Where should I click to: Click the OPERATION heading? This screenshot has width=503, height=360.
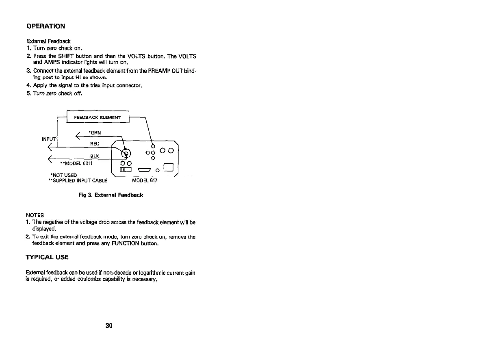coord(46,26)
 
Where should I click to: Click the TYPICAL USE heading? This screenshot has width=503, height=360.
coord(47,257)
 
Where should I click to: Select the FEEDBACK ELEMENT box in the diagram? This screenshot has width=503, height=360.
coord(97,117)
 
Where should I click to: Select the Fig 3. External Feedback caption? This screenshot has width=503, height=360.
coord(111,195)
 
